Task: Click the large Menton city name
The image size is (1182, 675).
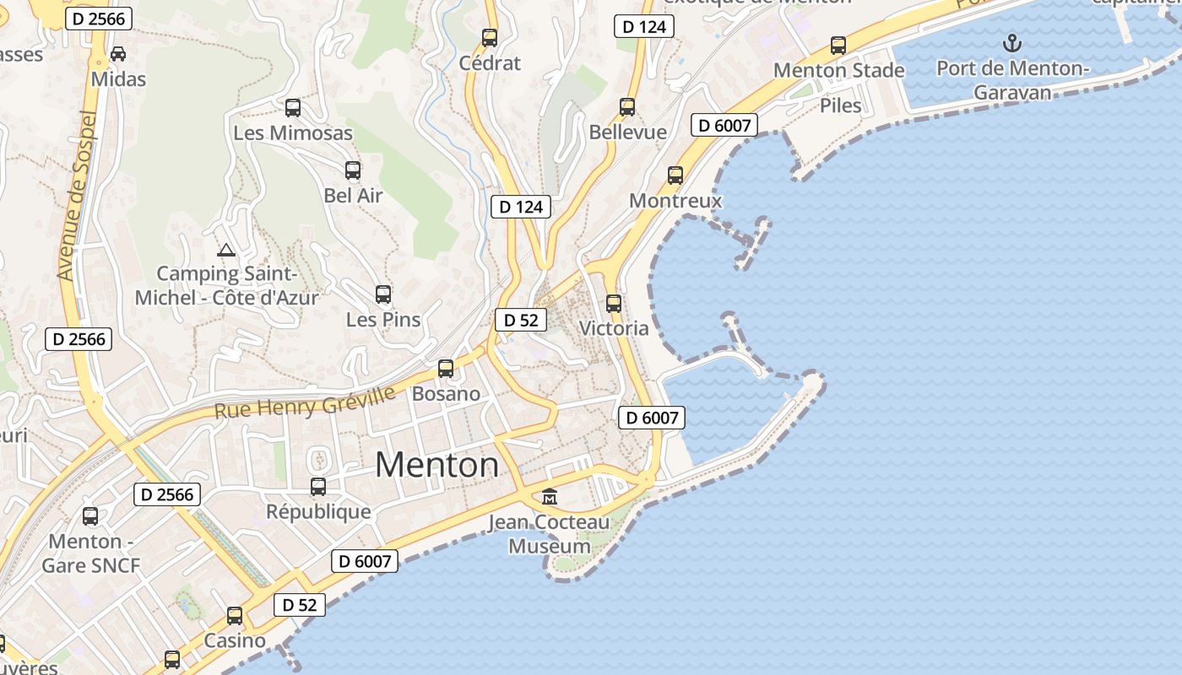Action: (436, 465)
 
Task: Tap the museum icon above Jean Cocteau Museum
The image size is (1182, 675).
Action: (550, 496)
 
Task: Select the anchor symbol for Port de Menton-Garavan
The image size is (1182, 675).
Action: (1011, 42)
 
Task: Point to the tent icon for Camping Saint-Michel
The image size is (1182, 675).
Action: (225, 250)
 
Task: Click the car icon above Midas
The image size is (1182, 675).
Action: (118, 53)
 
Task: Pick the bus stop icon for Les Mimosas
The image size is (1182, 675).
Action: (293, 108)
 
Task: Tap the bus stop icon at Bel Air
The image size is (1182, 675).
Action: (353, 170)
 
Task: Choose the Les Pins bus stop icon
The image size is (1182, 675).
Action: (383, 294)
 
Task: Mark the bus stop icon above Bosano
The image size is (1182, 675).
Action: (446, 369)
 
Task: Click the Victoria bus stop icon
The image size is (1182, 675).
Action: (614, 304)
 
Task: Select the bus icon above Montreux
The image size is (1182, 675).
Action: (675, 175)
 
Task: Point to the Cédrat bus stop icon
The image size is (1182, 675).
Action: (490, 38)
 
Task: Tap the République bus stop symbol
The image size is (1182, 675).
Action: (318, 487)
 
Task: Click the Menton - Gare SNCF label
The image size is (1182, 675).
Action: (91, 553)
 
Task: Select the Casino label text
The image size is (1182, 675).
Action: (235, 640)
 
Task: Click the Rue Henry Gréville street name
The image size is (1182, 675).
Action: (304, 403)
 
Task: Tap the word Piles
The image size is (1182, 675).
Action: (841, 105)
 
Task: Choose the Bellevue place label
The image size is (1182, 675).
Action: (627, 132)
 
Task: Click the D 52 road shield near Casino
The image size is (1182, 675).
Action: (299, 605)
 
